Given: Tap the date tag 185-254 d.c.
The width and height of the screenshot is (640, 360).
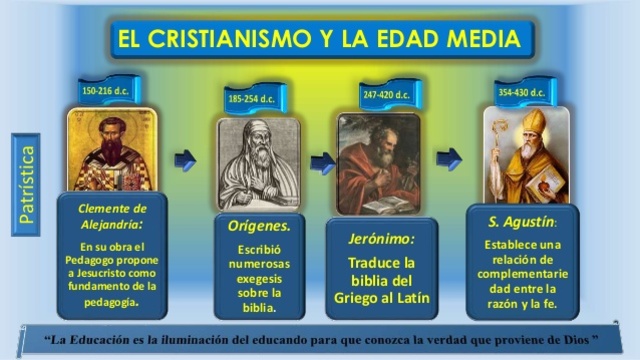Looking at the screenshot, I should tap(252, 99).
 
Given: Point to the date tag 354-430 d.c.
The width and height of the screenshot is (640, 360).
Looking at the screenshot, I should tap(521, 92).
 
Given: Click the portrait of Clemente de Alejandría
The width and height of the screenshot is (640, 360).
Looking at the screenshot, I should tap(111, 149).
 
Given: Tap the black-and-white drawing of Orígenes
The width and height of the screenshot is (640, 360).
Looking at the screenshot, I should tap(258, 163).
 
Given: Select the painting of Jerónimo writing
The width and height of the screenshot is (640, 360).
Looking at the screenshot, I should tap(378, 163).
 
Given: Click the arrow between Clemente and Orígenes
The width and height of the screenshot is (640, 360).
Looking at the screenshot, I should tap(185, 160).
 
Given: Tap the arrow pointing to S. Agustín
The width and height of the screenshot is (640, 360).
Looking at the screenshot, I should tap(449, 158).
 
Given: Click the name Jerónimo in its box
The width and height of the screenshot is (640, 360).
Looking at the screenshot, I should tap(380, 239).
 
